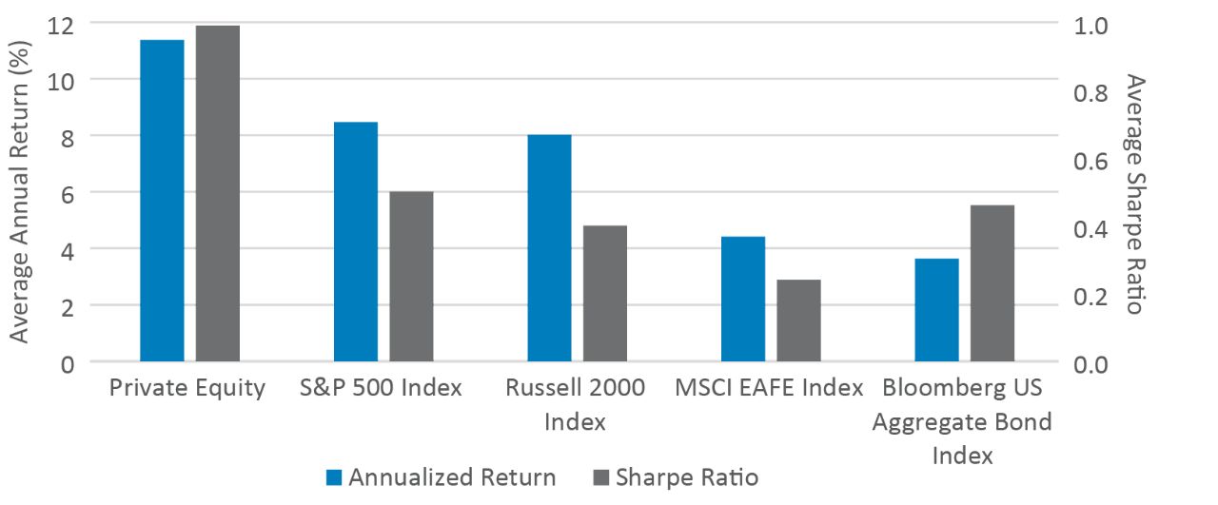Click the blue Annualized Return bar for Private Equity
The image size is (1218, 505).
pyautogui.click(x=162, y=201)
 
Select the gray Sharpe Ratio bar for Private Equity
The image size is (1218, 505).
pyautogui.click(x=217, y=194)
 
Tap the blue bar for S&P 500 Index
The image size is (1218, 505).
pyautogui.click(x=356, y=243)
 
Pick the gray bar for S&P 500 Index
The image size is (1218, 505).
pyautogui.click(x=411, y=277)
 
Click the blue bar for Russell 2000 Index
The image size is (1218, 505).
pyautogui.click(x=549, y=248)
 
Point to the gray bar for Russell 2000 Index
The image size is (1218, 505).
pyautogui.click(x=605, y=294)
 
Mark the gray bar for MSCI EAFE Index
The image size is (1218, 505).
pyautogui.click(x=798, y=320)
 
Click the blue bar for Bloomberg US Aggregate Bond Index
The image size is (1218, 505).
pyautogui.click(x=936, y=310)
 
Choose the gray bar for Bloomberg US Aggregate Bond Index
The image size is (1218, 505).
pyautogui.click(x=992, y=283)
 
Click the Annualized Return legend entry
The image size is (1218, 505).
pyautogui.click(x=441, y=477)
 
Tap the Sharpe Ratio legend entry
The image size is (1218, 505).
pyautogui.click(x=675, y=477)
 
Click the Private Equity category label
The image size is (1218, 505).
pyautogui.click(x=187, y=389)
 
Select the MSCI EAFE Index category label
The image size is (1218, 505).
pyautogui.click(x=769, y=389)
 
